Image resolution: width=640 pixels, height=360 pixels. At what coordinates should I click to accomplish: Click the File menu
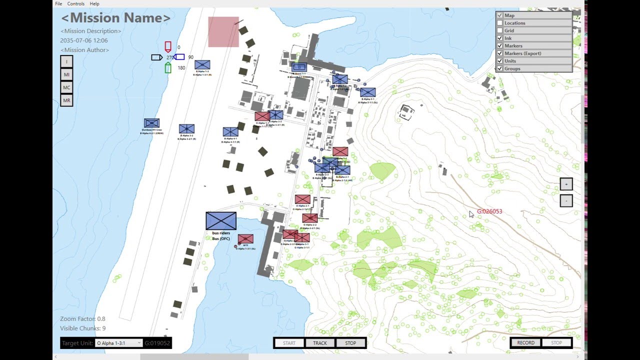point(58,3)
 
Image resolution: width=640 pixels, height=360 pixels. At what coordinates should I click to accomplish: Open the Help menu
point(94,3)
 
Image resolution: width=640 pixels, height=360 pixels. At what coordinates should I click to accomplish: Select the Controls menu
point(75,3)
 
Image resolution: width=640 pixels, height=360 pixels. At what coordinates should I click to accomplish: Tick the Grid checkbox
point(499,30)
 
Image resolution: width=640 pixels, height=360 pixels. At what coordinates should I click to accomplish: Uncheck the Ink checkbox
point(499,38)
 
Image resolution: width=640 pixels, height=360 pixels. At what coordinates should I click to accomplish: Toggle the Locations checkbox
point(499,23)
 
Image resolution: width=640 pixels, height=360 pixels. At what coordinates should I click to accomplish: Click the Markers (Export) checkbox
point(499,53)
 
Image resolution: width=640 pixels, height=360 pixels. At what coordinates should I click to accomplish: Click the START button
point(289,343)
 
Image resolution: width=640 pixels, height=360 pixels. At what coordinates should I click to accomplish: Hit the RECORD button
point(525,343)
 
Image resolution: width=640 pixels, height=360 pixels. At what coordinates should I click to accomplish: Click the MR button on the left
point(66,100)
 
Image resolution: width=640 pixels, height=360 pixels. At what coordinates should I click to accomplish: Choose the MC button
point(66,87)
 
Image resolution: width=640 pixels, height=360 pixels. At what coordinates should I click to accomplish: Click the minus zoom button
point(566,200)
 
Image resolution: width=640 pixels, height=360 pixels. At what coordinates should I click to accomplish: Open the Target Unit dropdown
point(119,343)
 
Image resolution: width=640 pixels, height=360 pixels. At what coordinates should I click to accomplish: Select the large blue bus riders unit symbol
point(221,220)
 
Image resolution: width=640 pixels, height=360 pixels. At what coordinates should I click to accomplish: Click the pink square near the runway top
point(223,32)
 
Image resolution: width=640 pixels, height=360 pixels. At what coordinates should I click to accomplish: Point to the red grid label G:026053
point(489,211)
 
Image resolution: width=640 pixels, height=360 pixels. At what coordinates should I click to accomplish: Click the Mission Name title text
point(115,18)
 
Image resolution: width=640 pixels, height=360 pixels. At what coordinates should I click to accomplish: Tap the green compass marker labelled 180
point(168,68)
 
